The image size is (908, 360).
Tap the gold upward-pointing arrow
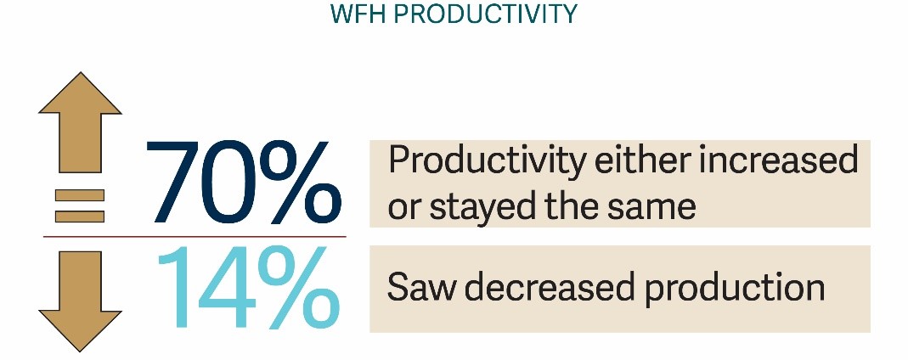[80, 122]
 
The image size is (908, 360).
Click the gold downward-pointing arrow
[80, 301]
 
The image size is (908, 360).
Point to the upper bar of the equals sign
[80, 195]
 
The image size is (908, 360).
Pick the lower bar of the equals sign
[80, 217]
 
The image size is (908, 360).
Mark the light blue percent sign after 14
[299, 287]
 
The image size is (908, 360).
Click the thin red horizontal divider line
[195, 237]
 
